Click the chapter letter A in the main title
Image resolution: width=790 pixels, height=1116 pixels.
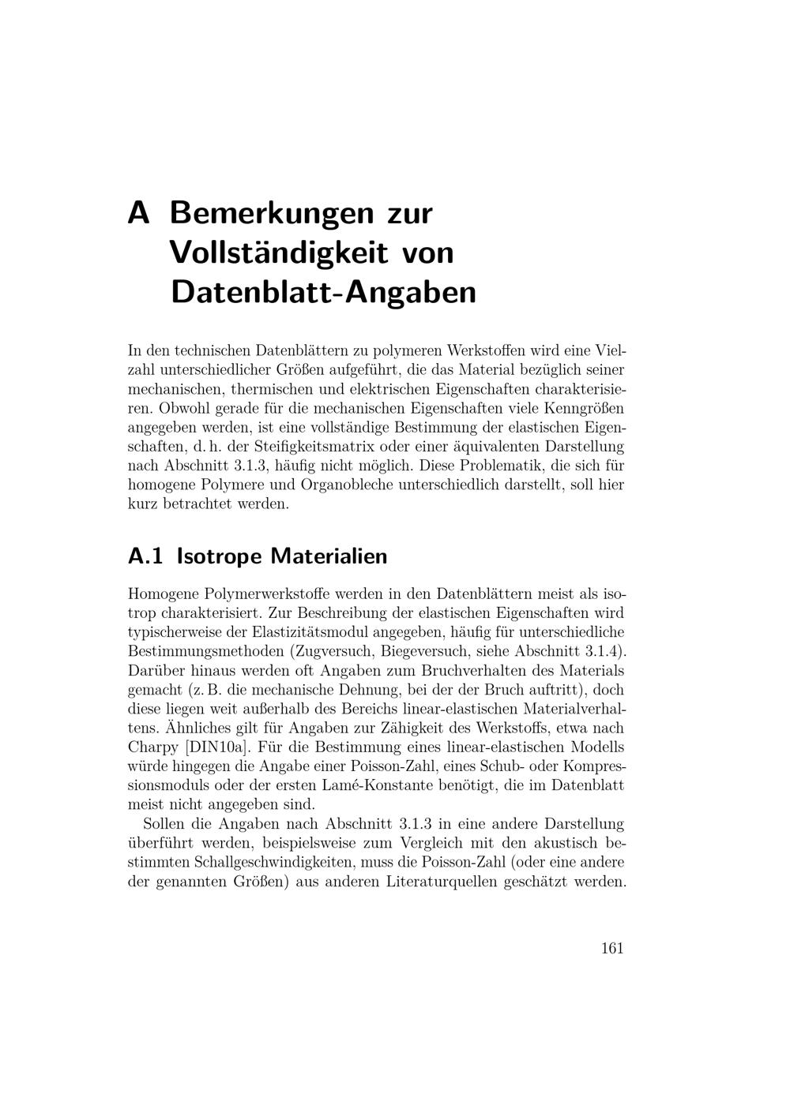(x=138, y=213)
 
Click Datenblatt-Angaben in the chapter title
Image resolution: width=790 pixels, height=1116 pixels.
(x=323, y=292)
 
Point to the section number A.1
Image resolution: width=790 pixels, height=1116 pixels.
(x=145, y=556)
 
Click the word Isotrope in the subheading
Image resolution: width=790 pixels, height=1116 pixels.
(x=219, y=556)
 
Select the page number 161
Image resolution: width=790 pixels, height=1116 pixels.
(x=612, y=948)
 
